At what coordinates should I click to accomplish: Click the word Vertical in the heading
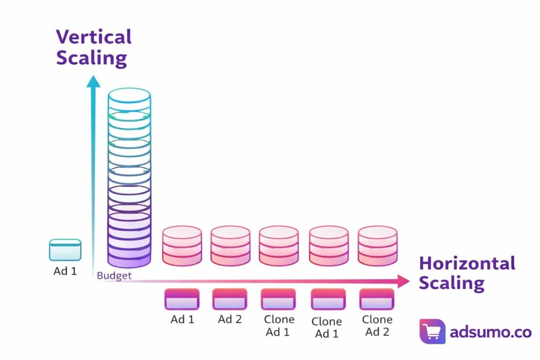click(x=93, y=37)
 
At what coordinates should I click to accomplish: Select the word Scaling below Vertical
click(x=91, y=57)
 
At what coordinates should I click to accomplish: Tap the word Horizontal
click(x=467, y=263)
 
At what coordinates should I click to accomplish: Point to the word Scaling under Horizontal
click(x=451, y=283)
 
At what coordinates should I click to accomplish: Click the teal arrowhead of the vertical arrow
click(x=94, y=81)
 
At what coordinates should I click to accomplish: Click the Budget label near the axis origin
click(x=114, y=276)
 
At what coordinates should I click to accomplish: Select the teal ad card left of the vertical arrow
click(x=65, y=250)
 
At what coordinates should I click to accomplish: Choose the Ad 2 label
click(x=230, y=319)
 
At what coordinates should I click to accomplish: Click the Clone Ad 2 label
click(x=377, y=326)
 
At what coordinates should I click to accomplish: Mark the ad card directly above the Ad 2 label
click(x=229, y=299)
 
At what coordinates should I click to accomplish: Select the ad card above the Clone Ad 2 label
click(x=377, y=299)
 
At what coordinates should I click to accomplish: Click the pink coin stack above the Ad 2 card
click(x=230, y=246)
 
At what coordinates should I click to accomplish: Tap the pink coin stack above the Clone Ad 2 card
click(x=378, y=246)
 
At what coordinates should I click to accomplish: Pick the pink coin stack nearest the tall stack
click(x=182, y=246)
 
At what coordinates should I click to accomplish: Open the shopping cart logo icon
click(x=432, y=332)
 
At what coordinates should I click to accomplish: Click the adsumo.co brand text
click(x=490, y=332)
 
